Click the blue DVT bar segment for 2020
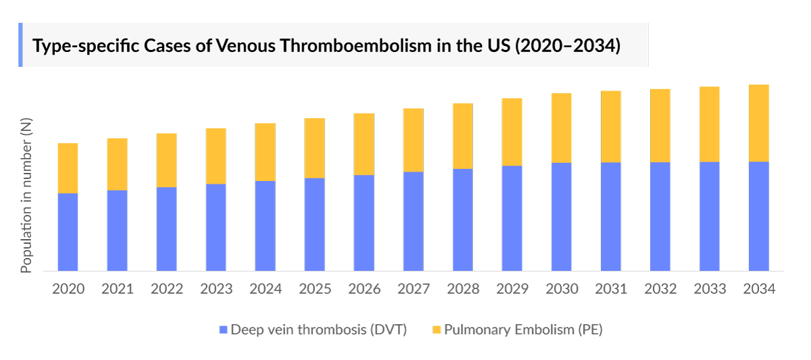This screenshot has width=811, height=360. [x=68, y=232]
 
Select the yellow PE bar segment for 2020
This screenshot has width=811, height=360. [x=68, y=168]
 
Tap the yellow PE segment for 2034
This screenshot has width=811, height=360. [x=758, y=123]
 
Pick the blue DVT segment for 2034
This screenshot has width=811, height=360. [x=758, y=216]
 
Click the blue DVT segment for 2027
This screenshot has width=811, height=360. [x=413, y=221]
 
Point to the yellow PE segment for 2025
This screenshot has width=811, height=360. [x=314, y=148]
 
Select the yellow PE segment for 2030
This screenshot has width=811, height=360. [x=561, y=128]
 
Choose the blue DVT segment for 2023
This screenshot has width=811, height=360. [x=216, y=227]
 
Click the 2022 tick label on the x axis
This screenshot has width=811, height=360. [x=167, y=289]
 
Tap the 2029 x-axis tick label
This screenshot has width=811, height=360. [x=512, y=289]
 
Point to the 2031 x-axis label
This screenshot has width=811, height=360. [x=611, y=289]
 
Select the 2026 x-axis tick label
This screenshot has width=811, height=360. [x=364, y=289]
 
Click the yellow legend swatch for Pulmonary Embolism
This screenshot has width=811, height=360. [x=437, y=330]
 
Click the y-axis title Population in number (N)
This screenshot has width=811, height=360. [x=26, y=195]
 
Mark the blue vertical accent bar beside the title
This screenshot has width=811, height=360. [x=20, y=45]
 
